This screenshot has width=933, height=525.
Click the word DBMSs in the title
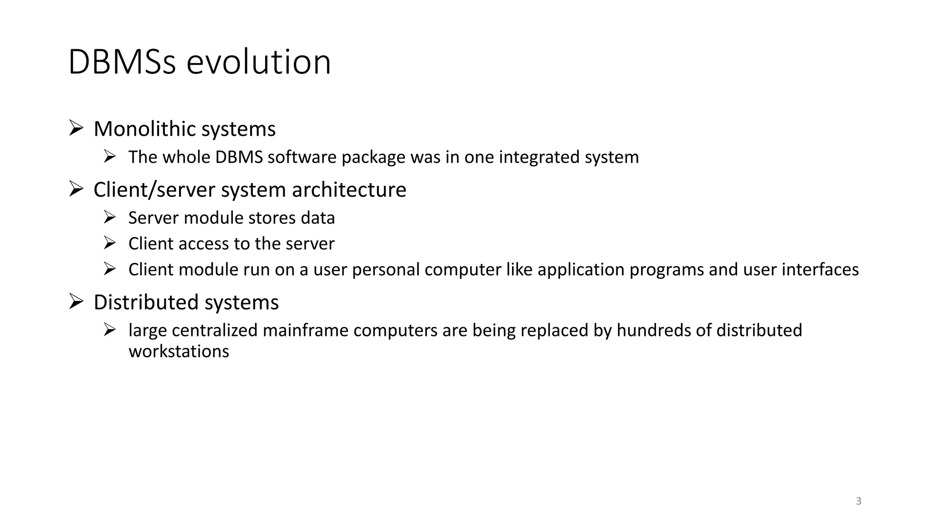click(x=122, y=62)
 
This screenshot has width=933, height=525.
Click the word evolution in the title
click(x=258, y=62)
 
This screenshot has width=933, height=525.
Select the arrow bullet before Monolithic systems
click(x=76, y=128)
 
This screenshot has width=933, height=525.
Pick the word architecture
click(x=349, y=190)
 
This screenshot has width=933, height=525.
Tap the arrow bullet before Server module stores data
click(x=110, y=217)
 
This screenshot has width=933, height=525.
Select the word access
click(x=203, y=244)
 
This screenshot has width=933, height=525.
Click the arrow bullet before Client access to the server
click(x=110, y=243)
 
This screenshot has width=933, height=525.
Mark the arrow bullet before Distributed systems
click(x=76, y=301)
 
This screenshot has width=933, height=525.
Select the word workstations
click(x=179, y=351)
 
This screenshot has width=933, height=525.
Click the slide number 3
click(x=859, y=501)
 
